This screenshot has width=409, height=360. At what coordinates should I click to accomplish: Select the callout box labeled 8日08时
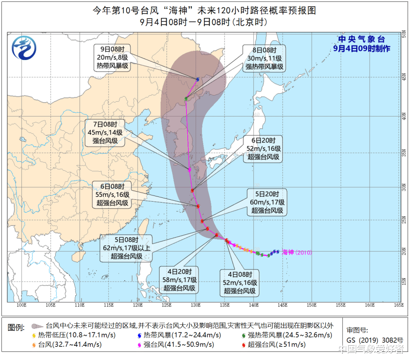click(x=264, y=58)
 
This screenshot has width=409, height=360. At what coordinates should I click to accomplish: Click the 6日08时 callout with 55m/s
click(x=112, y=195)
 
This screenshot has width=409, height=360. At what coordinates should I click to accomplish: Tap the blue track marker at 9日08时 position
click(x=197, y=79)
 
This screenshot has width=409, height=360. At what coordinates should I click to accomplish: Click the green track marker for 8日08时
click(x=186, y=98)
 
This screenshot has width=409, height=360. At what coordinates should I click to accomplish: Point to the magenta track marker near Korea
click(x=189, y=170)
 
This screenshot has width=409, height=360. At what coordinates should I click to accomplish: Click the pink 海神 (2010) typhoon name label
click(x=297, y=253)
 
